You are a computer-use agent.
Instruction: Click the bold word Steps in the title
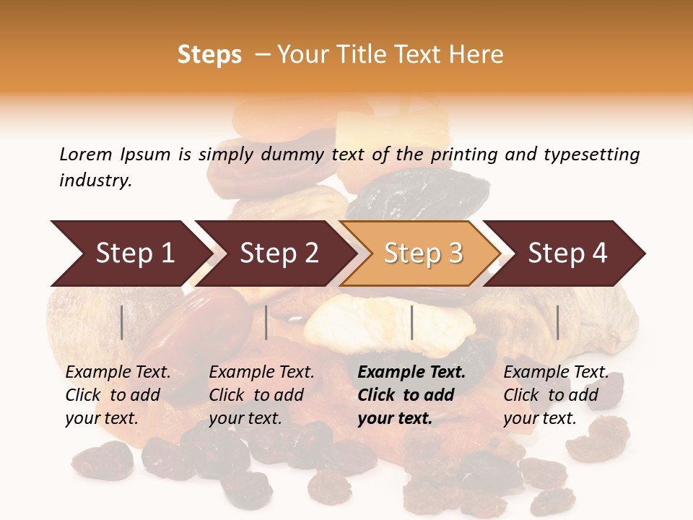click(209, 55)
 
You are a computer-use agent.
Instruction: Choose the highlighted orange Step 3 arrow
click(423, 253)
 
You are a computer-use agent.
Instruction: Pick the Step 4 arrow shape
click(567, 253)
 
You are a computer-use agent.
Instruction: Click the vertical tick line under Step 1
click(122, 322)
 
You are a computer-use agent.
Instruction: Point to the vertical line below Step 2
click(266, 322)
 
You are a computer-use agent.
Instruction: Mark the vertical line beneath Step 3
click(411, 322)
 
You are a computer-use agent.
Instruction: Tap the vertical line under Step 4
click(557, 322)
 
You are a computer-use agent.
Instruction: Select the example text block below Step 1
click(118, 395)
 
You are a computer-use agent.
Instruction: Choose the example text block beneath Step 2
click(261, 395)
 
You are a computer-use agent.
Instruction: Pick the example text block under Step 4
click(556, 395)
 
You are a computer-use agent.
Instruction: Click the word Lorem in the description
click(86, 155)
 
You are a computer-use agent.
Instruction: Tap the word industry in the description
click(95, 181)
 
